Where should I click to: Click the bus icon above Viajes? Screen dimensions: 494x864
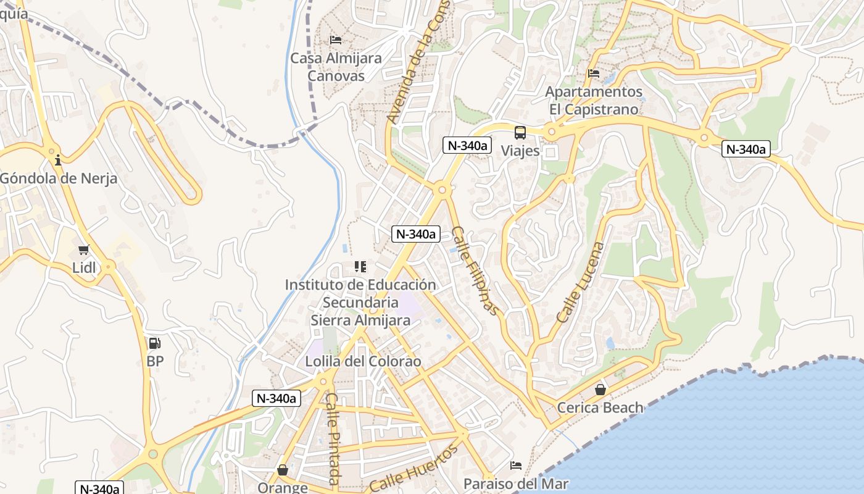point(520,132)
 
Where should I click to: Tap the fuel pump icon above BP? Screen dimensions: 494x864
point(154,343)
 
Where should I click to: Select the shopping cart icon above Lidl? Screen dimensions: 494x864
point(84,250)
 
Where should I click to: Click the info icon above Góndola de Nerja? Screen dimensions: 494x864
point(58,161)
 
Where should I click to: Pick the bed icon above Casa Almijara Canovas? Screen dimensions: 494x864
point(336,40)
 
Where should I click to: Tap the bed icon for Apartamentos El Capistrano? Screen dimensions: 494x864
point(594,73)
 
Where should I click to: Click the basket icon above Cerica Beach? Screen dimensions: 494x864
point(600,390)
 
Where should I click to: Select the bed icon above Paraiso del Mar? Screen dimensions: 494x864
point(516,465)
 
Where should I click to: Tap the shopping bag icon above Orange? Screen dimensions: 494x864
point(283,470)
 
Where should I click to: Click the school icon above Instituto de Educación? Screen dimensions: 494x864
point(360,267)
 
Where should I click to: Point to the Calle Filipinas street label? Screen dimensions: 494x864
point(475,270)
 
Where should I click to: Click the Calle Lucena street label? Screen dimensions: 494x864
point(581,282)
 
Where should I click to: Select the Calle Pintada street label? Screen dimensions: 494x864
point(333,438)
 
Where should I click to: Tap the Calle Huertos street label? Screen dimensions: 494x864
point(415,469)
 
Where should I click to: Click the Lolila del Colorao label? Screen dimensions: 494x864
point(363,361)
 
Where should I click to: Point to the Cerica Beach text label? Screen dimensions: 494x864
point(600,408)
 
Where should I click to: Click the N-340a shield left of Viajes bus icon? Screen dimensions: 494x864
point(467,146)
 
